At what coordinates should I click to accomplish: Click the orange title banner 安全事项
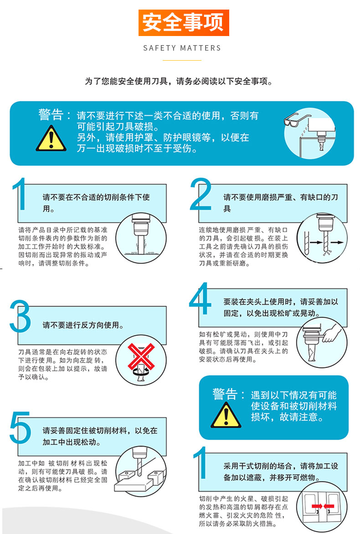184,23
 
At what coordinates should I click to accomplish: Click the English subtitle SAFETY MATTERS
182,48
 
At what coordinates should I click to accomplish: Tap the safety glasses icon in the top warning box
297,119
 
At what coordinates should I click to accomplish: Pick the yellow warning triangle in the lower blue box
226,415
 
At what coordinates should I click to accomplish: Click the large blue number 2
201,194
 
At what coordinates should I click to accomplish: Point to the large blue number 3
20,316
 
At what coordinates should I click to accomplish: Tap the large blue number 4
200,299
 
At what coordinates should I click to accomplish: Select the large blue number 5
20,427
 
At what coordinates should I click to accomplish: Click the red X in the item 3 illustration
141,356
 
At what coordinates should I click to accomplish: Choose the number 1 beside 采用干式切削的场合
201,462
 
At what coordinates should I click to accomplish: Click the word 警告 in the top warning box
51,114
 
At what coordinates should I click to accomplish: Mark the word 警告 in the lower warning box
225,394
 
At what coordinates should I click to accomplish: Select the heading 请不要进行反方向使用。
83,325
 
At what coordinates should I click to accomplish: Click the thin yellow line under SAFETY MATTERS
182,60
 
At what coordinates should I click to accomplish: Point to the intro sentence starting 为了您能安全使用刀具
179,81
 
